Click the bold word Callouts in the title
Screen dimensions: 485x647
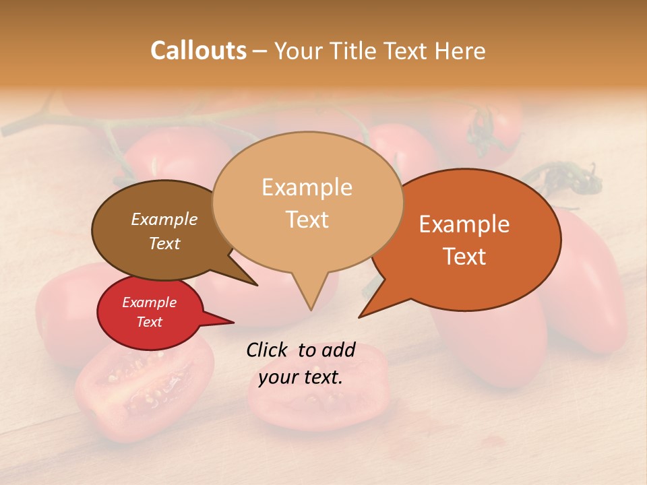click(198, 51)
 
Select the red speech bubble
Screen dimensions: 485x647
click(150, 312)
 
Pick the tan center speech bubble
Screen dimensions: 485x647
click(307, 202)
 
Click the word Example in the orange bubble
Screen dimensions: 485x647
click(464, 224)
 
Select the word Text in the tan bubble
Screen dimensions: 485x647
click(307, 220)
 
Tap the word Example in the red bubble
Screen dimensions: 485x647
click(149, 302)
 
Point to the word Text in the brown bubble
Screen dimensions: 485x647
click(164, 243)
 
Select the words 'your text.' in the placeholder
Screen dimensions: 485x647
click(301, 377)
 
